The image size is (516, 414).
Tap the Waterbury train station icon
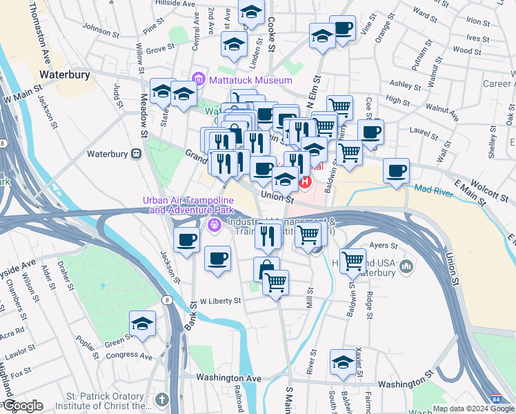[x=136, y=153]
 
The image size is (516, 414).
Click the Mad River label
[x=434, y=188]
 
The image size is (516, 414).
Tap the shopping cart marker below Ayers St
[x=353, y=261]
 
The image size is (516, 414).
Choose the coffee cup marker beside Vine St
[x=342, y=28]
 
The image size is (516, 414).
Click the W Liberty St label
[x=221, y=301]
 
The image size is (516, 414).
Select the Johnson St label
[x=101, y=28]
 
